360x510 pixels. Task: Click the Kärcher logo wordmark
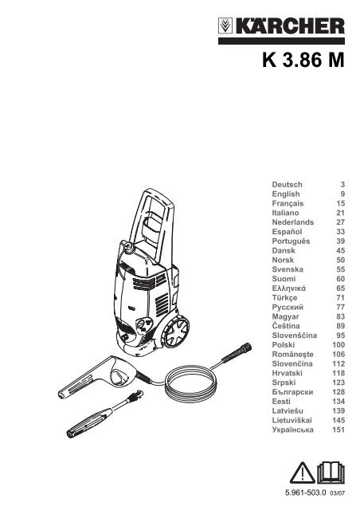pyautogui.click(x=290, y=25)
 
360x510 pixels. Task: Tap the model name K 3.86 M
pyautogui.click(x=303, y=61)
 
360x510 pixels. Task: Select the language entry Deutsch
pyautogui.click(x=288, y=184)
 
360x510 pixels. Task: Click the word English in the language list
pyautogui.click(x=286, y=194)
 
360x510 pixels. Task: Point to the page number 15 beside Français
pyautogui.click(x=341, y=203)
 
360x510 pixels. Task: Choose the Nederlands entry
pyautogui.click(x=293, y=222)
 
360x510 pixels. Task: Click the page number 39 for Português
pyautogui.click(x=341, y=241)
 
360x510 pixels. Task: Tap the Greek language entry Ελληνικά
pyautogui.click(x=289, y=288)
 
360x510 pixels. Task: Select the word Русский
pyautogui.click(x=288, y=307)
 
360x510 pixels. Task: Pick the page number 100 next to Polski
pyautogui.click(x=338, y=345)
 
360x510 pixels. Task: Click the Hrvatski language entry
pyautogui.click(x=288, y=373)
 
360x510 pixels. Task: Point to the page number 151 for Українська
pyautogui.click(x=338, y=430)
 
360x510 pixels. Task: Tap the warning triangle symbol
pyautogui.click(x=303, y=473)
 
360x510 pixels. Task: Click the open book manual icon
pyautogui.click(x=331, y=473)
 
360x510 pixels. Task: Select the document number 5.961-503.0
pyautogui.click(x=305, y=492)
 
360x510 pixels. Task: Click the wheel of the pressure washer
pyautogui.click(x=175, y=331)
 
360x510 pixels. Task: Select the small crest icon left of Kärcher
pyautogui.click(x=225, y=25)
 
